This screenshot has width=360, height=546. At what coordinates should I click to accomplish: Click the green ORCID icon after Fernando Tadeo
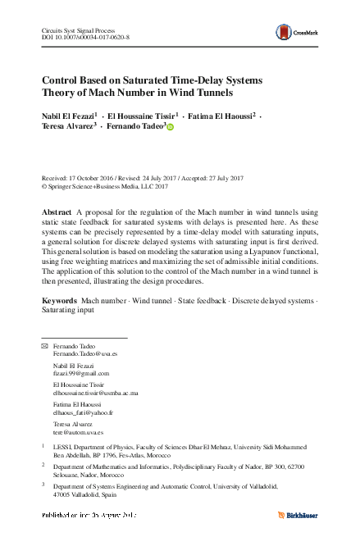tap(171, 130)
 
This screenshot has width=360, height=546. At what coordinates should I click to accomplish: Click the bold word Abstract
tap(57, 212)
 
